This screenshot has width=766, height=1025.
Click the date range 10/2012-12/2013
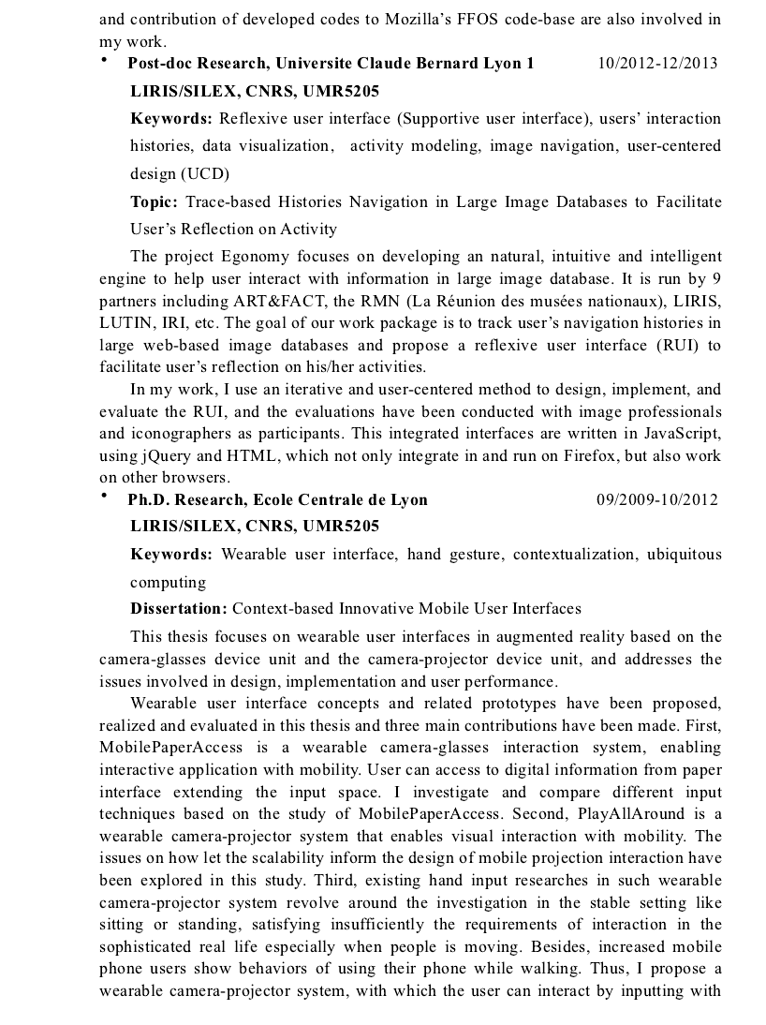tap(657, 64)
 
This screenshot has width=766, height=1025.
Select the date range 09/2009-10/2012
tap(657, 499)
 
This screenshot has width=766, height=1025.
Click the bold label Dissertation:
tap(179, 609)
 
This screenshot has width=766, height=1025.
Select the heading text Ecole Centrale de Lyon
tap(346, 499)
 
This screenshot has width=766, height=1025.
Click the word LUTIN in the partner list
tap(123, 323)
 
